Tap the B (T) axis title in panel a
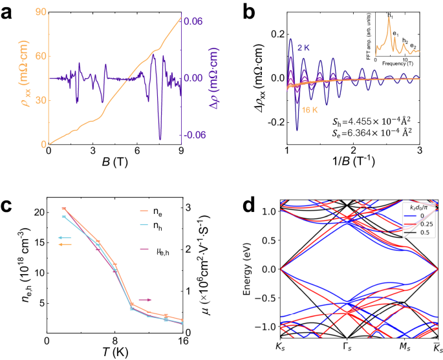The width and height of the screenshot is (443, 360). point(114,163)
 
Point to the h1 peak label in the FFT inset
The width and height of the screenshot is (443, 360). point(389,14)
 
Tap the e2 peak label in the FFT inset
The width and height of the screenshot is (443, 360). point(413,45)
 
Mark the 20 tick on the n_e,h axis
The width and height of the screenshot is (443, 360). point(38,212)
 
